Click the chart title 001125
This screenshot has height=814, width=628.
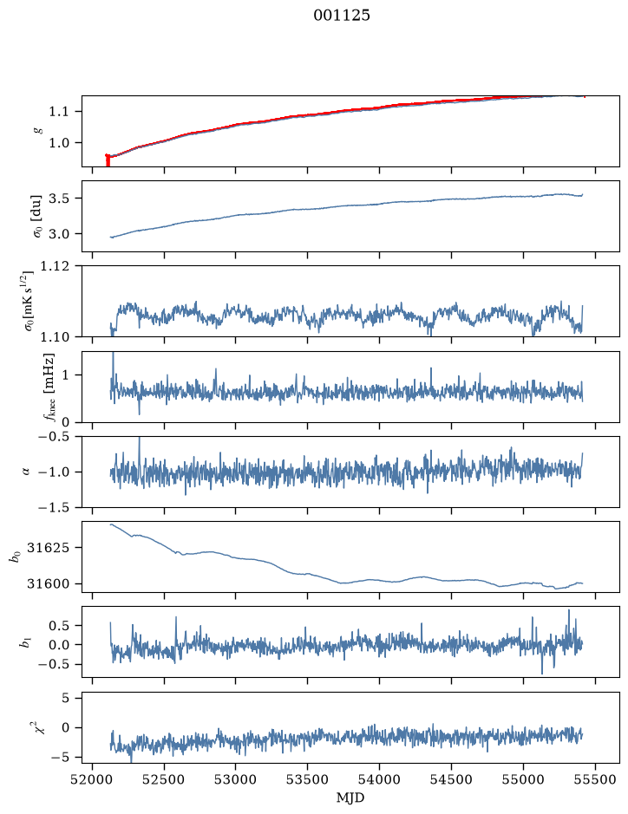[342, 16]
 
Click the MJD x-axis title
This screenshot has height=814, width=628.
[350, 798]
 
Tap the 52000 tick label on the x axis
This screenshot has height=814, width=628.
[93, 779]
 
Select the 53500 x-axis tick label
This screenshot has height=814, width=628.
[308, 779]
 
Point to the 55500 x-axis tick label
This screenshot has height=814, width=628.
[595, 779]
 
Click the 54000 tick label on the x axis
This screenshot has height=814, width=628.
[379, 779]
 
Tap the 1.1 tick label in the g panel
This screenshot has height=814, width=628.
[58, 112]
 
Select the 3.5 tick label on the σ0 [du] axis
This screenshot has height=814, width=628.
[58, 199]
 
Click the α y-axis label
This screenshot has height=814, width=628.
[27, 472]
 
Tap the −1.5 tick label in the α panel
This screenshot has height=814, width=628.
[54, 507]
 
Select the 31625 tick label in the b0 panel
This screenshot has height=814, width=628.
[48, 548]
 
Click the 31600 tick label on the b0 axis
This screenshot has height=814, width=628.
[48, 583]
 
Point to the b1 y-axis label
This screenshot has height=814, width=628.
[24, 642]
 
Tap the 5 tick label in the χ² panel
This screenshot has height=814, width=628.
[65, 698]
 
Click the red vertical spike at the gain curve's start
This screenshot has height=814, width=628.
[108, 160]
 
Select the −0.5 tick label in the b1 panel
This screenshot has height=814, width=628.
[54, 665]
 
